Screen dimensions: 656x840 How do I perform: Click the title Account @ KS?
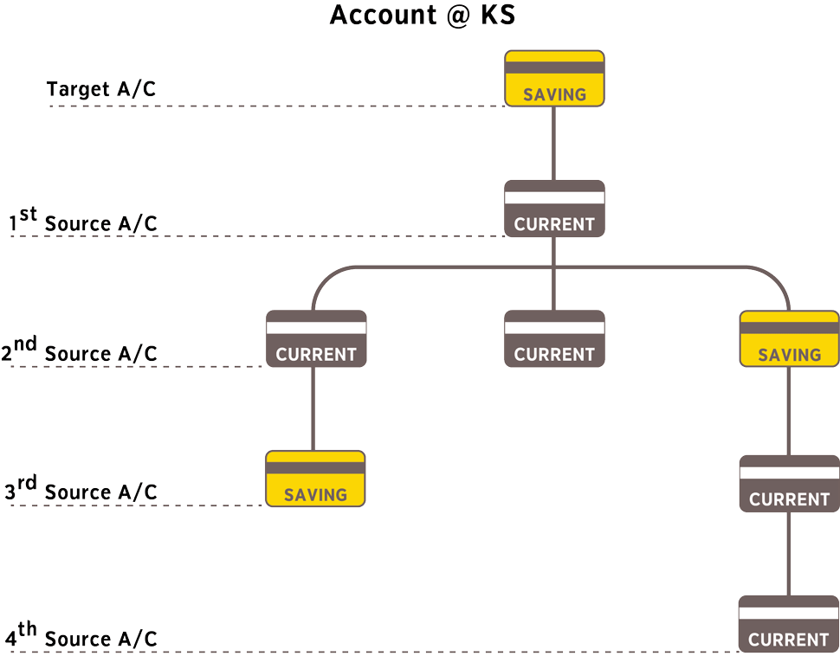tap(423, 16)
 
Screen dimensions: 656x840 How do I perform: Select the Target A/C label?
tap(101, 89)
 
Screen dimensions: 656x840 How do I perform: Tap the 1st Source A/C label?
tap(84, 222)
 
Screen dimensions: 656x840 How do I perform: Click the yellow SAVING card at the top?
tap(554, 79)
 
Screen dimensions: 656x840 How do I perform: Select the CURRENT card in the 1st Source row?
tap(554, 209)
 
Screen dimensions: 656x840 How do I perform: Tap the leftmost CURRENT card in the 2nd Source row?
tap(316, 338)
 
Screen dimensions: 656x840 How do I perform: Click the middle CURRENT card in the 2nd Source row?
tap(554, 338)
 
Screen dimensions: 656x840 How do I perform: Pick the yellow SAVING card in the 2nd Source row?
tap(789, 338)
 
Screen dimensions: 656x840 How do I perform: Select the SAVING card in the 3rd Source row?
tap(315, 479)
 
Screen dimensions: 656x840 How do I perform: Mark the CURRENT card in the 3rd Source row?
tap(789, 484)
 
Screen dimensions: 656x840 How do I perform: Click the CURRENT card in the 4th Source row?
tap(788, 624)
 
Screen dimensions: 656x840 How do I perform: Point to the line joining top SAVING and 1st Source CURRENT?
tap(554, 144)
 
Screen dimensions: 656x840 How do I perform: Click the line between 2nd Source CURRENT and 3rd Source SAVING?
tap(313, 408)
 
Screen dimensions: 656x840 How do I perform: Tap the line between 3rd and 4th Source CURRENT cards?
tap(788, 554)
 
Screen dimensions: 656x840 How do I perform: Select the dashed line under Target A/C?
tap(277, 106)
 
